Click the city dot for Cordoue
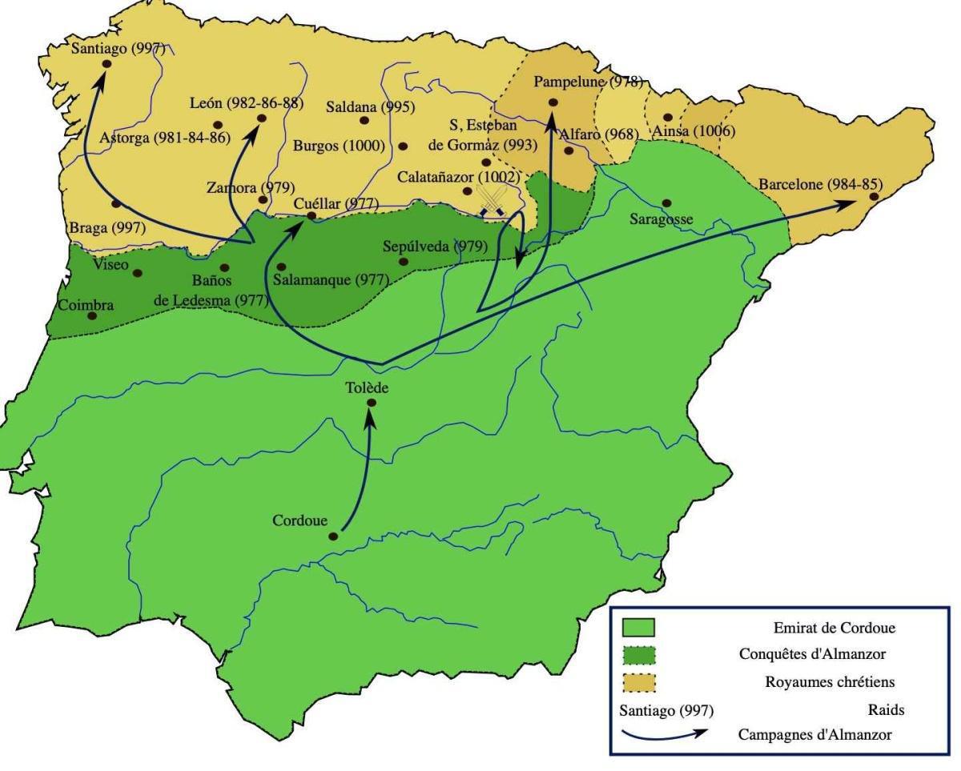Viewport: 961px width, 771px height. click(332, 536)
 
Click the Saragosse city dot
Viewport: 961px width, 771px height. click(666, 203)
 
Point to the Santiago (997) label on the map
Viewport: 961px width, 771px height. click(118, 48)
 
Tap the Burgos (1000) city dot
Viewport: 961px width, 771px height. click(403, 147)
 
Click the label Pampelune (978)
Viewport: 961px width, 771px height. click(588, 82)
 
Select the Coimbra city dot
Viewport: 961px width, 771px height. click(92, 315)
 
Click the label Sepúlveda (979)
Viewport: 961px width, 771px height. click(435, 246)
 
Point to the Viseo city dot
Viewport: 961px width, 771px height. click(138, 273)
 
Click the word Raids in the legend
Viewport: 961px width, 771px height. click(886, 709)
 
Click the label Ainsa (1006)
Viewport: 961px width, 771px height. click(694, 131)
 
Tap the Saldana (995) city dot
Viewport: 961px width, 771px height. click(364, 120)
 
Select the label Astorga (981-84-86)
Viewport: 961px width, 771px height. click(164, 138)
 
